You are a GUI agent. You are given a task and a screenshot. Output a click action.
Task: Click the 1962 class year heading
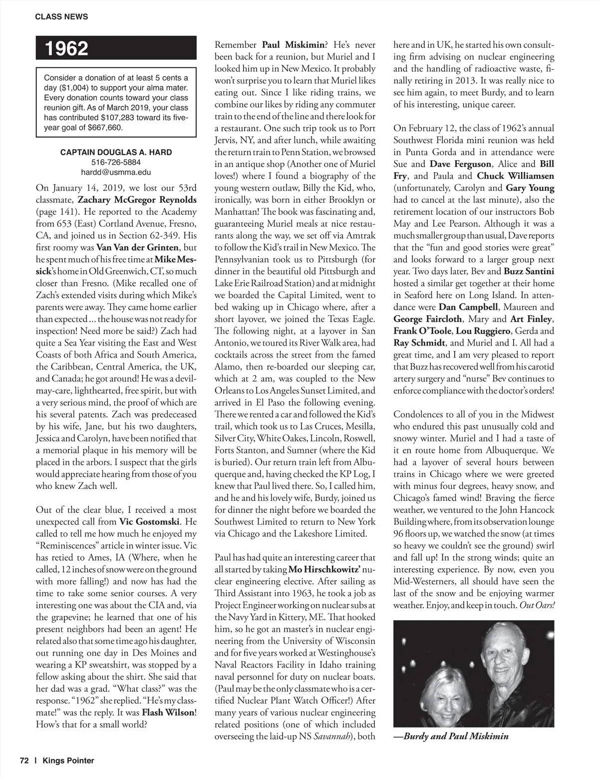67,49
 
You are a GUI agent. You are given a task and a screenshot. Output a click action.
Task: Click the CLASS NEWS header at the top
61,16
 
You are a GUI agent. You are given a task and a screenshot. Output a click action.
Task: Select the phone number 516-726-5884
116,162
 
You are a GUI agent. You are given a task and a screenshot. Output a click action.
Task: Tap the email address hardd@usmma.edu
116,172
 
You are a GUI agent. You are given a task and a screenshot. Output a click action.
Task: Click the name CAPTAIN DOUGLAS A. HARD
116,152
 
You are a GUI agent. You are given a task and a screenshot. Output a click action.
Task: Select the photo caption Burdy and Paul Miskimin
455,736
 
